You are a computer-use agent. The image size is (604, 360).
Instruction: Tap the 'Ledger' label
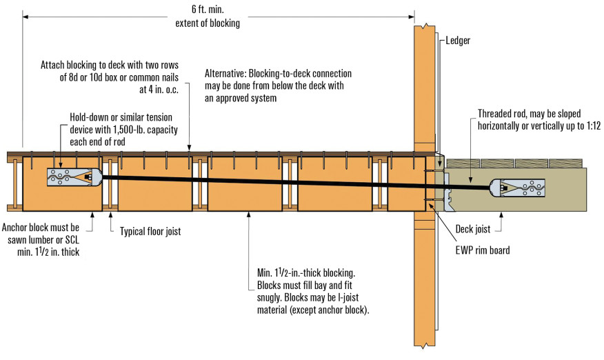(x=458, y=41)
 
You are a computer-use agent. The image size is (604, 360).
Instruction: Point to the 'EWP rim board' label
(x=483, y=250)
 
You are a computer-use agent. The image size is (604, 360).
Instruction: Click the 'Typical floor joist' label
(x=150, y=232)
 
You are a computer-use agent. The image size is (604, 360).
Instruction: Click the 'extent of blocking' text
(x=208, y=24)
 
